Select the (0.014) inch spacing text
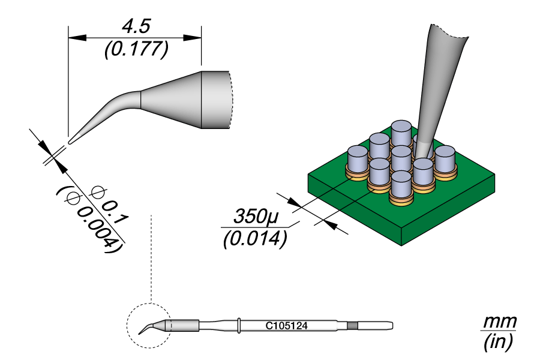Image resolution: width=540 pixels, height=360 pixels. (253, 239)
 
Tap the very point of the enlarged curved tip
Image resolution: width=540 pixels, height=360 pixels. (70, 142)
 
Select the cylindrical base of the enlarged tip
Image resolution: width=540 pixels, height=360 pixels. (215, 100)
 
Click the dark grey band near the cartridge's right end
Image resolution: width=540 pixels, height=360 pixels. (352, 326)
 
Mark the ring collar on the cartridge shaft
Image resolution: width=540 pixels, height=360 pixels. (239, 325)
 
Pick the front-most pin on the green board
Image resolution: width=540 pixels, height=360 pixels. (401, 185)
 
